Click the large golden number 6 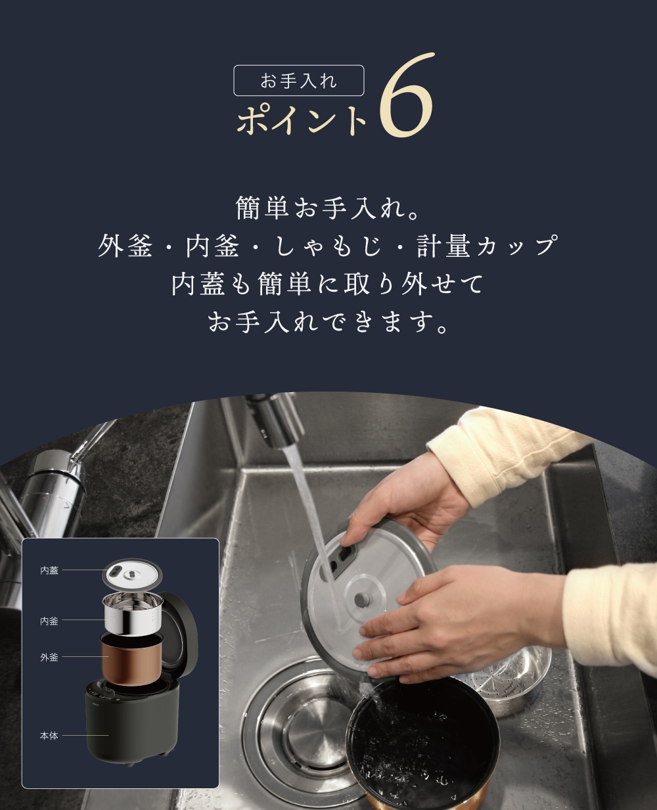coord(406,95)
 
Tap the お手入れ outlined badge coord(299,81)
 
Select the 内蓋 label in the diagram coord(49,570)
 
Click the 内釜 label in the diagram coord(49,621)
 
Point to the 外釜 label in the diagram coord(49,657)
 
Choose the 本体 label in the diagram coord(49,736)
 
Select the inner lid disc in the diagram coord(132,575)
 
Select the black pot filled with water coord(422,746)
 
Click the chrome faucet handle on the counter coord(57,483)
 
